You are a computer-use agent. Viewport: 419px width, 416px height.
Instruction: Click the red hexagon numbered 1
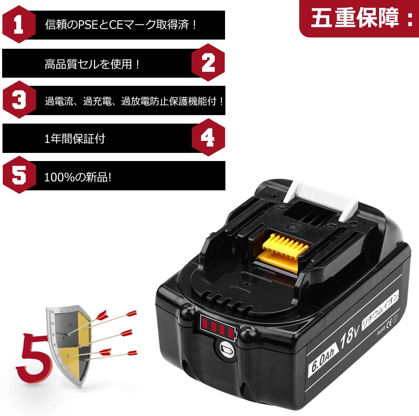[19, 24]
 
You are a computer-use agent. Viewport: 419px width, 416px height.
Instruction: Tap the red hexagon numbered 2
[208, 63]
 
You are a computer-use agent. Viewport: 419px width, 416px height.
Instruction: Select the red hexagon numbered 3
[19, 100]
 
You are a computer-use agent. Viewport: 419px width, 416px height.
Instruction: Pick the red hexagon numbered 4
[208, 137]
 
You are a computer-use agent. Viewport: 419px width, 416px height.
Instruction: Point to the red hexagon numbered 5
[19, 175]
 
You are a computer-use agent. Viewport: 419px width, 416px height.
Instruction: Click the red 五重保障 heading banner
[359, 18]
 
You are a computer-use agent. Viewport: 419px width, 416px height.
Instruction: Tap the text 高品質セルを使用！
[93, 64]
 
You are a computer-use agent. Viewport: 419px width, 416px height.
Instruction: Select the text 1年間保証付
[75, 139]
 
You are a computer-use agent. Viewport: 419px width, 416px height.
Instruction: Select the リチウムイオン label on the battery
[380, 309]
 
